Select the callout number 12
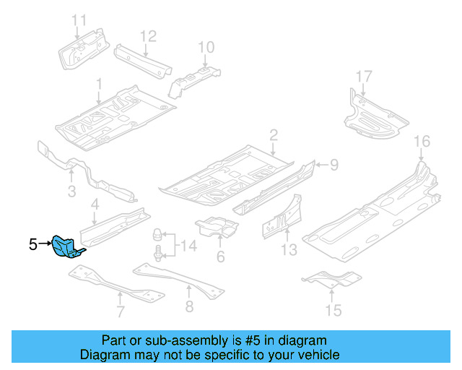[147, 35]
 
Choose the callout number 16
[422, 141]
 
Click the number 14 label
[188, 246]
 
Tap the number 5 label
[33, 246]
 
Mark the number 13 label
[289, 251]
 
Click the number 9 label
[334, 165]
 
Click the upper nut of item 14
[155, 235]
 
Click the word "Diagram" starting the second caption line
[103, 355]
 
